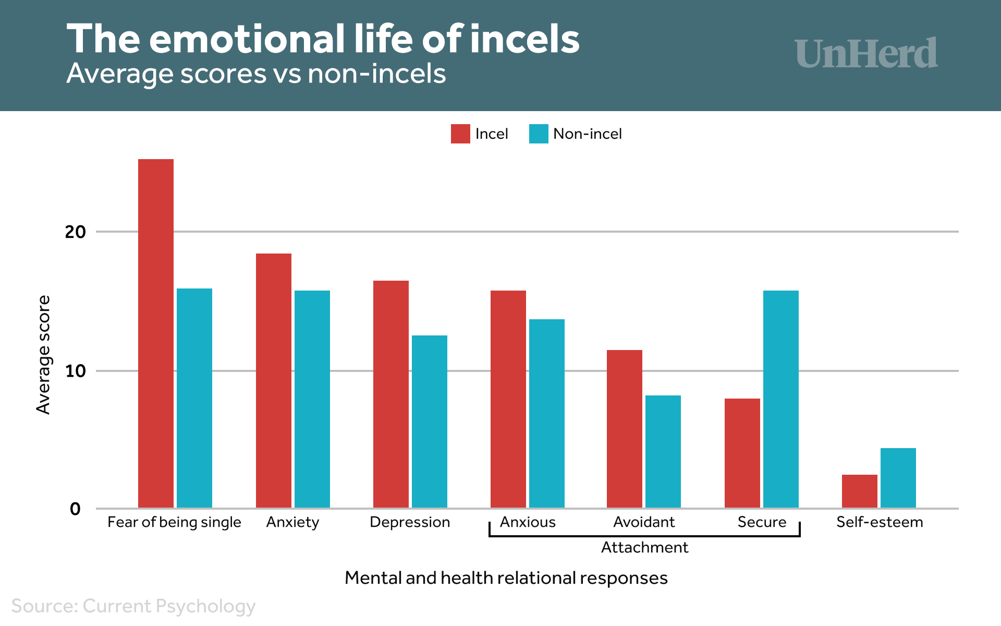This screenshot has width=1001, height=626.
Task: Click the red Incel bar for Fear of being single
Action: click(x=156, y=333)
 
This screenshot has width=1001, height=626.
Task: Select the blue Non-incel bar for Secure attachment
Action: click(x=780, y=399)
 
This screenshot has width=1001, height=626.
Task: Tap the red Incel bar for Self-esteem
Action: click(x=859, y=491)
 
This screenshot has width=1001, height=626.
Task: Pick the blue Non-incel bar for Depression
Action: click(x=429, y=422)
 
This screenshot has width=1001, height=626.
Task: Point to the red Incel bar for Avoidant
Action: click(x=624, y=429)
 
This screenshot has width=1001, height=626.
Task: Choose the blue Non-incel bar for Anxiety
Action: click(x=312, y=399)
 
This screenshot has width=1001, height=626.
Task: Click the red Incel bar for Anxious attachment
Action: click(x=508, y=399)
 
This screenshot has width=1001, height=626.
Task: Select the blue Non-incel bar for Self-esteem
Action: click(x=898, y=478)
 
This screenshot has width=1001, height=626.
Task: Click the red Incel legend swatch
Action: click(x=460, y=134)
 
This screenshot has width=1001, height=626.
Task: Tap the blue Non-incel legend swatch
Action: click(x=539, y=134)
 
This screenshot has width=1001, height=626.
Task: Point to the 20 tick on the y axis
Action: click(x=75, y=232)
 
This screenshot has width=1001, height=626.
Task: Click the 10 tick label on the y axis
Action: click(x=75, y=371)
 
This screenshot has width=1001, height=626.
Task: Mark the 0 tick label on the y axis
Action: click(x=75, y=509)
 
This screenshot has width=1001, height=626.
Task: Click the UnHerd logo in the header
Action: click(x=866, y=53)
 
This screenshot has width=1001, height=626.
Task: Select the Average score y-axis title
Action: click(x=44, y=355)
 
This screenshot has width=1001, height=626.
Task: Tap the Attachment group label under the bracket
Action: click(x=644, y=547)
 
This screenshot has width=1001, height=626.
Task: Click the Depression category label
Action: click(x=410, y=522)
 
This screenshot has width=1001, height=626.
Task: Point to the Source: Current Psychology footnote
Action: click(x=133, y=606)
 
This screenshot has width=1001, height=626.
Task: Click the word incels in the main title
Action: click(x=524, y=39)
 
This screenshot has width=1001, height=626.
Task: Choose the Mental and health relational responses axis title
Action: click(x=506, y=578)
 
